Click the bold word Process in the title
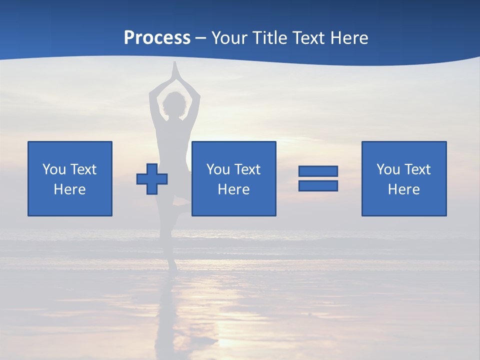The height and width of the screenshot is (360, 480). [157, 38]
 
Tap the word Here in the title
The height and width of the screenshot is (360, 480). [348, 38]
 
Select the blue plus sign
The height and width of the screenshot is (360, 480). [152, 178]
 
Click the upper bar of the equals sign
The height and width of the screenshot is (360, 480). [318, 171]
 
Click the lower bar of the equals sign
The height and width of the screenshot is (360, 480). [318, 185]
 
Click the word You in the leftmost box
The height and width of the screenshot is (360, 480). [54, 169]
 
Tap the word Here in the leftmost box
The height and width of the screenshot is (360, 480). [69, 189]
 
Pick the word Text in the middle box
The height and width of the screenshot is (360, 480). [247, 169]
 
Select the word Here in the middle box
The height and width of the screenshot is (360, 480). [233, 189]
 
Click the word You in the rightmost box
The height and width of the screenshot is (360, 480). [388, 169]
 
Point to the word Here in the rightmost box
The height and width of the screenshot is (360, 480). [403, 189]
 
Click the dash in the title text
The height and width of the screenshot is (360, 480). [201, 38]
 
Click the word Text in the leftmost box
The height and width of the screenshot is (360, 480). [83, 169]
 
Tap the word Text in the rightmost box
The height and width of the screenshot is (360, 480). [417, 169]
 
